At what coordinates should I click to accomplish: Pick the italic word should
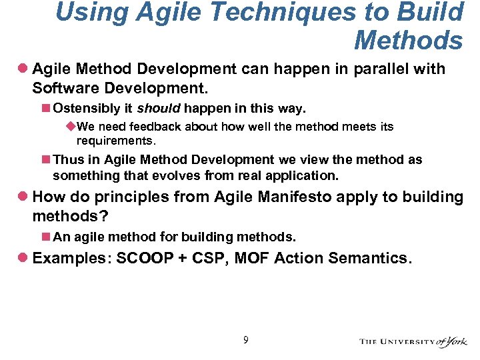click(158, 108)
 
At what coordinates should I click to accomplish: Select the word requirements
click(115, 141)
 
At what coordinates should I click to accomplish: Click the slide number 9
click(246, 341)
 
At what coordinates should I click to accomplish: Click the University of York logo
click(413, 341)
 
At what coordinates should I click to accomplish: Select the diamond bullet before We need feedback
click(71, 127)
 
